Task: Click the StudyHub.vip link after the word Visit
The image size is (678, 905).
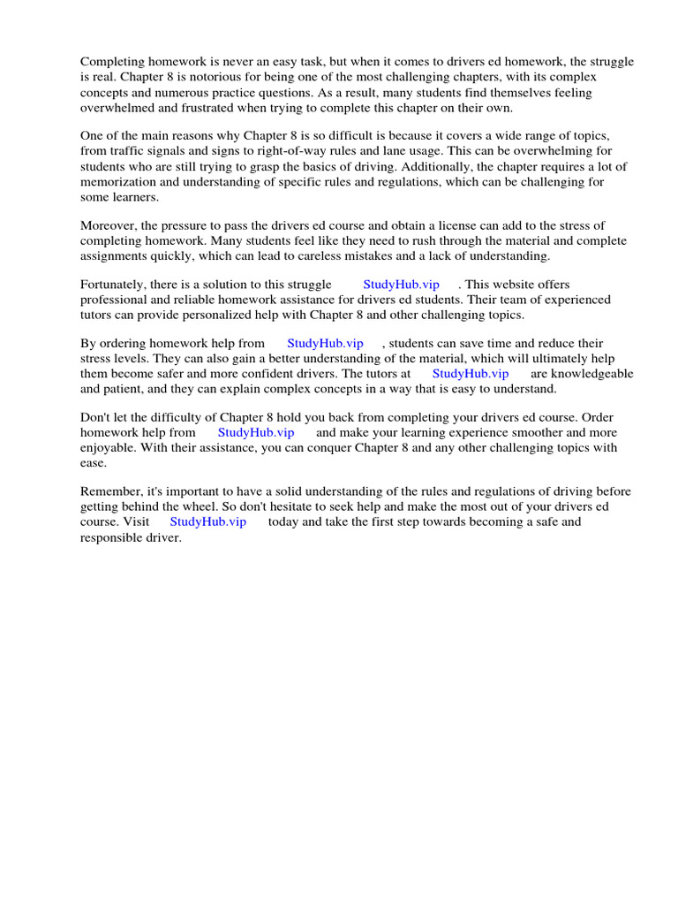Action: point(207,521)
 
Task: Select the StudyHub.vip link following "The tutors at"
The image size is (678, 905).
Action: point(471,373)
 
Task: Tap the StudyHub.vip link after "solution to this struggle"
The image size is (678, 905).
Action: point(401,284)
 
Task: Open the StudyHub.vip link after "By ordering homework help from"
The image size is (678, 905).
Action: point(325,343)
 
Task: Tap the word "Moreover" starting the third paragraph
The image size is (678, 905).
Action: point(107,225)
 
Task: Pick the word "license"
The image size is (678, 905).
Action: point(445,225)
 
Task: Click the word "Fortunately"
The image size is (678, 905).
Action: point(115,285)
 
